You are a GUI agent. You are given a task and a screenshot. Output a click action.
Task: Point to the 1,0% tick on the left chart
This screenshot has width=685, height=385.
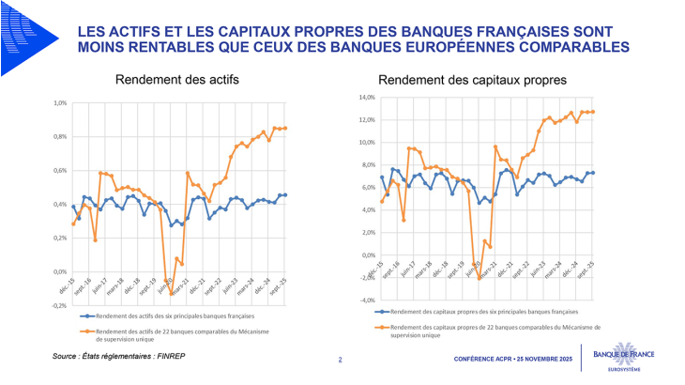pyautogui.click(x=60, y=103)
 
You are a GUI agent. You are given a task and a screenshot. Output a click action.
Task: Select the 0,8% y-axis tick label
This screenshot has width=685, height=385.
pyautogui.click(x=60, y=137)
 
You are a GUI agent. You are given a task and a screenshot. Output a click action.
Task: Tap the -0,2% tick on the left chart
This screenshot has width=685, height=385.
pyautogui.click(x=59, y=305)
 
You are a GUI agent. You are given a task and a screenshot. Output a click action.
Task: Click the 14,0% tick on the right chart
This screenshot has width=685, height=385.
pyautogui.click(x=365, y=98)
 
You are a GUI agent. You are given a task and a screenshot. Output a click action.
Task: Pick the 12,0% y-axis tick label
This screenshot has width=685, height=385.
pyautogui.click(x=365, y=120)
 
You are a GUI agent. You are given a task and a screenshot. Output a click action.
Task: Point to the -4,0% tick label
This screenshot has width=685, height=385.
pyautogui.click(x=365, y=300)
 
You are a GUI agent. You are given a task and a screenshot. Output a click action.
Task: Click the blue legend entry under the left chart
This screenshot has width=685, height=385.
pyautogui.click(x=178, y=316)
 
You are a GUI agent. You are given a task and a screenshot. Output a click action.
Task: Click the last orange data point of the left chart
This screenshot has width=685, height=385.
pyautogui.click(x=285, y=128)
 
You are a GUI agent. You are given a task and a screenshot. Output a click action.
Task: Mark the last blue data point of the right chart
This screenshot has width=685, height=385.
pyautogui.click(x=593, y=173)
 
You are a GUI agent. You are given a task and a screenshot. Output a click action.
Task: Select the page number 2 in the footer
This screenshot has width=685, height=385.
pyautogui.click(x=340, y=360)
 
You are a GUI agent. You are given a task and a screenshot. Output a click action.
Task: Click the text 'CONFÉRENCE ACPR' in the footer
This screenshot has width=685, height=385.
pyautogui.click(x=485, y=361)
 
